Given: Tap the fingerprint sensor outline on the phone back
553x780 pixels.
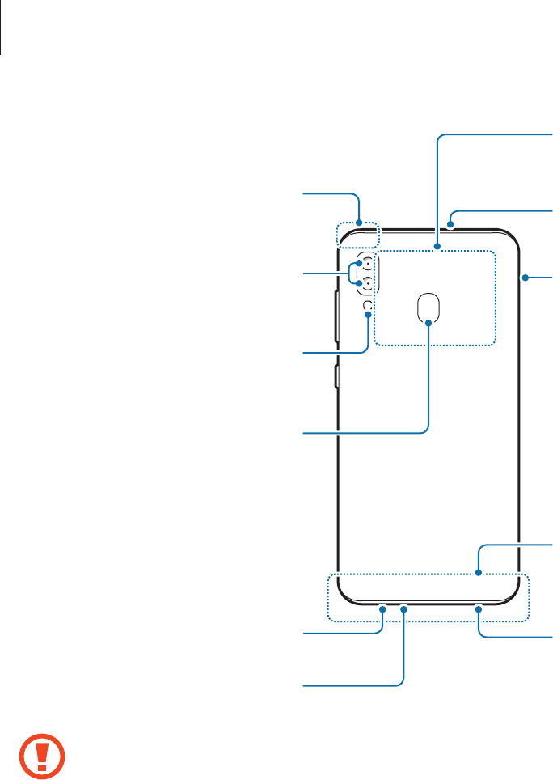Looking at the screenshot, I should tap(429, 306).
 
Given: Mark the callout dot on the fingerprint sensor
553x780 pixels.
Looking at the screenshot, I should tap(429, 321).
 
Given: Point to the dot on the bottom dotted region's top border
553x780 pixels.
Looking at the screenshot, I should tap(479, 574).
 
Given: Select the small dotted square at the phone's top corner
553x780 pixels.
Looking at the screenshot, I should tap(357, 233).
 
